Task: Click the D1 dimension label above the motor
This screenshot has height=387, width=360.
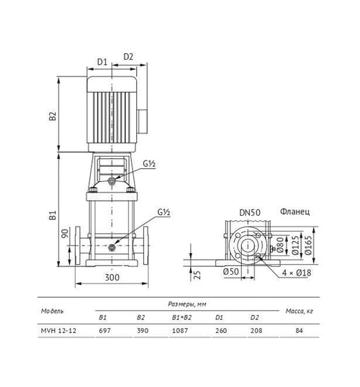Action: [x=102, y=62]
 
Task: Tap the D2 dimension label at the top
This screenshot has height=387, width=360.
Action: [x=128, y=57]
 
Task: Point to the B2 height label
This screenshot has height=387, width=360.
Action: [x=53, y=116]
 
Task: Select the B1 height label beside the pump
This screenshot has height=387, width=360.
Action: [x=53, y=215]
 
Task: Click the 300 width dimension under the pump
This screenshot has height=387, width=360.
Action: [x=112, y=278]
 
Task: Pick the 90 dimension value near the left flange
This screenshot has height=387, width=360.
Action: [x=65, y=234]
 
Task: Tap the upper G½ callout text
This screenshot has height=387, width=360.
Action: [x=149, y=163]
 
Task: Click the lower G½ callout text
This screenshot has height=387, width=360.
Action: [x=164, y=212]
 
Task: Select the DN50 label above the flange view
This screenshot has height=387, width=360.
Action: [x=250, y=212]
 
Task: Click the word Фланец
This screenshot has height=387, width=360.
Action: [x=294, y=211]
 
